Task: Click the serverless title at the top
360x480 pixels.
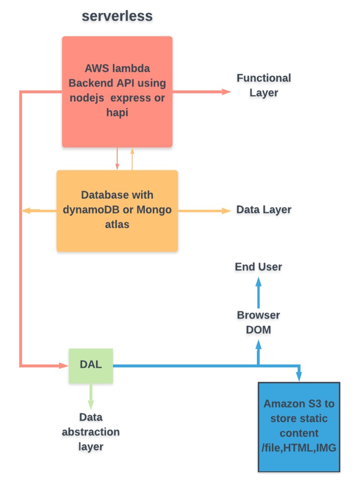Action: pyautogui.click(x=117, y=16)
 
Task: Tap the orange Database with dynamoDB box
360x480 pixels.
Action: pyautogui.click(x=117, y=210)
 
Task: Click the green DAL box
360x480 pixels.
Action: pyautogui.click(x=90, y=365)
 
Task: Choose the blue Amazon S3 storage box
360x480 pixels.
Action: pyautogui.click(x=299, y=427)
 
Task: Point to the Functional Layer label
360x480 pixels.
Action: pyautogui.click(x=263, y=85)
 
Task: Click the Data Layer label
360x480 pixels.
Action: pyautogui.click(x=263, y=210)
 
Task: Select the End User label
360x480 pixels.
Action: pyautogui.click(x=258, y=267)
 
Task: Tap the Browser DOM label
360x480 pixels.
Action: pyautogui.click(x=258, y=322)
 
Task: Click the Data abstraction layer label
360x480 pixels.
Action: pyautogui.click(x=90, y=432)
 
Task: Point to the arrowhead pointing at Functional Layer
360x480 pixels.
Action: pyautogui.click(x=227, y=91)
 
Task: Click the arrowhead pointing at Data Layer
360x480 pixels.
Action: pyautogui.click(x=227, y=211)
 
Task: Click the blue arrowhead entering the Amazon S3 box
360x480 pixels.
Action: pyautogui.click(x=299, y=377)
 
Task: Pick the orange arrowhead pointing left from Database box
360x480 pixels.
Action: pyautogui.click(x=26, y=211)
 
